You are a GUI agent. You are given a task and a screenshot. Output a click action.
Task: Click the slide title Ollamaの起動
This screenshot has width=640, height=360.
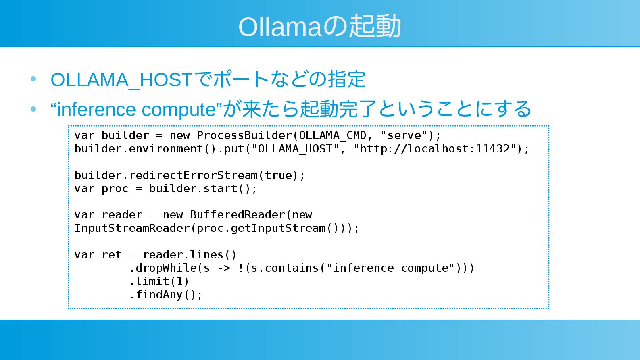click(319, 27)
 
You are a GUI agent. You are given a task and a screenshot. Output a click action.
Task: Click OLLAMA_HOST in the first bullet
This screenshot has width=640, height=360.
click(121, 80)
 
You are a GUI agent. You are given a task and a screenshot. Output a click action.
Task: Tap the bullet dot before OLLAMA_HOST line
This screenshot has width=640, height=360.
click(33, 79)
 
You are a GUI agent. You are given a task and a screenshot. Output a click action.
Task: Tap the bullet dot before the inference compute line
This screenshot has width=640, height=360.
click(33, 109)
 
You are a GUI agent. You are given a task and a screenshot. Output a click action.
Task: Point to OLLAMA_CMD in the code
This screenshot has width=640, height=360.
click(332, 135)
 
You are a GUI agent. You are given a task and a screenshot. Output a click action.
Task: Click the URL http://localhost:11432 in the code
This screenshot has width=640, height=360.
click(435, 149)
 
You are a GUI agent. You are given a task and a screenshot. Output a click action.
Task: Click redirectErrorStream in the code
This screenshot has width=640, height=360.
click(193, 175)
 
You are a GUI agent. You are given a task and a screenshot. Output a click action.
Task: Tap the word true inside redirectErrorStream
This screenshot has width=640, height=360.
click(278, 175)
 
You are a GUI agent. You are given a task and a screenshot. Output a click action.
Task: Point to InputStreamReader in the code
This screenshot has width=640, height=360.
click(132, 228)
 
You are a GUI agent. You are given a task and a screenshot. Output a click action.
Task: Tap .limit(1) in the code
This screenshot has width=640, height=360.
click(159, 281)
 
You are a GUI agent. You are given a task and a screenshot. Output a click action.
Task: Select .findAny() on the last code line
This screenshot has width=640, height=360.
click(165, 295)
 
